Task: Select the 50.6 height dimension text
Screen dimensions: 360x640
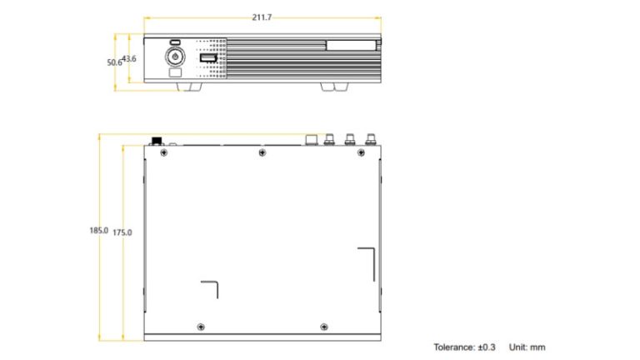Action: (113, 62)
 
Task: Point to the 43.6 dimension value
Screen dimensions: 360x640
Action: (129, 58)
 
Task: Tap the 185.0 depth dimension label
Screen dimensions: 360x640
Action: (99, 230)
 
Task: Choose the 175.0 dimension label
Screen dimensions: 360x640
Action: (122, 232)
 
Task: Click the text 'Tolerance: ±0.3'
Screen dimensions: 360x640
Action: (464, 347)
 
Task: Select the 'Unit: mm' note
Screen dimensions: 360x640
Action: (527, 347)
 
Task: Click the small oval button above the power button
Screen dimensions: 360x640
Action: (175, 42)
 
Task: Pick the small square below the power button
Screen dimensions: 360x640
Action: (175, 72)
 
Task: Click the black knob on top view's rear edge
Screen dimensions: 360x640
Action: (155, 140)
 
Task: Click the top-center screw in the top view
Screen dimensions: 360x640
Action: (262, 152)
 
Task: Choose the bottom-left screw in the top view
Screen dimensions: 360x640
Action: (199, 324)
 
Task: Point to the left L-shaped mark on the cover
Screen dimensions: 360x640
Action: (211, 288)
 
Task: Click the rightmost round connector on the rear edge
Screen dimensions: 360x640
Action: (367, 140)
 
